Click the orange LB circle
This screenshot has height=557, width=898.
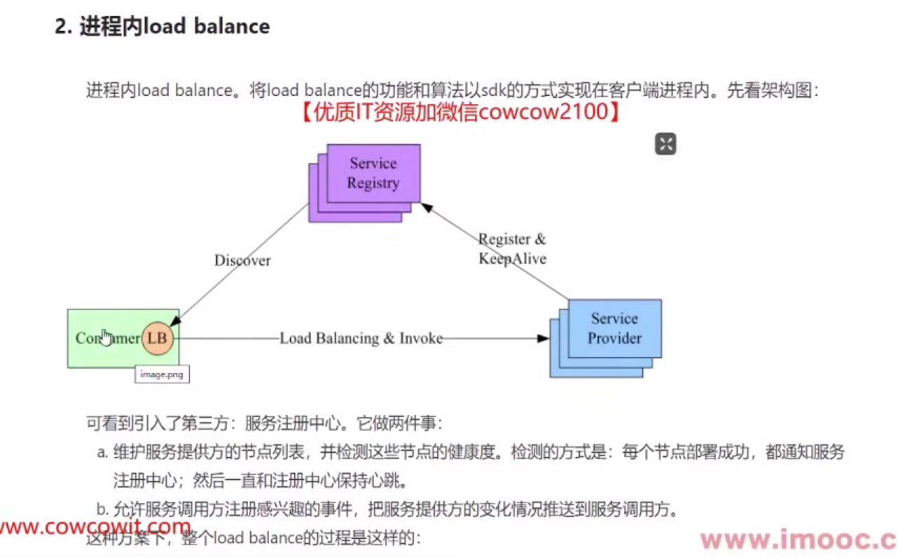click(x=157, y=339)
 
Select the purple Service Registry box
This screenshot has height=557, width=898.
click(x=373, y=174)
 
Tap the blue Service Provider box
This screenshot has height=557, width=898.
click(x=614, y=328)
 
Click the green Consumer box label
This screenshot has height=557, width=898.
click(x=106, y=339)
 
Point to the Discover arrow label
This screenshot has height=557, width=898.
click(x=242, y=260)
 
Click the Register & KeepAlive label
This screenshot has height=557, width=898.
click(x=512, y=248)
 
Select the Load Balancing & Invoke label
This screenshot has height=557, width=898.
click(x=361, y=339)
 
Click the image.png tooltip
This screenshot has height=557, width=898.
click(x=162, y=374)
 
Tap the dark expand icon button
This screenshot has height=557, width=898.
click(x=665, y=144)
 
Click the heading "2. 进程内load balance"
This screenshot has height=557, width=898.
click(x=163, y=27)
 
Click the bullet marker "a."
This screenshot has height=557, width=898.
click(x=102, y=453)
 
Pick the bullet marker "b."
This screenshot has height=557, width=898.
click(x=102, y=509)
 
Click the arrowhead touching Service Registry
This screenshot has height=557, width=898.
click(x=425, y=208)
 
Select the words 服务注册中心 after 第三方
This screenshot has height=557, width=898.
click(x=287, y=424)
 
